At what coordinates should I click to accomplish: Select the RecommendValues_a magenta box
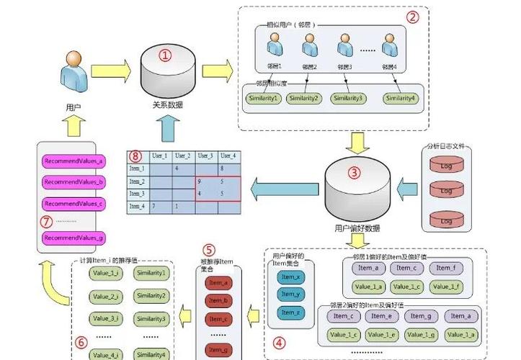coord(74,161)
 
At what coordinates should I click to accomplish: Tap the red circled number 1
coord(166,55)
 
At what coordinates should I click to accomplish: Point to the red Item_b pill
coord(218,301)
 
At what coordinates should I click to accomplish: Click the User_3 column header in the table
coord(205,156)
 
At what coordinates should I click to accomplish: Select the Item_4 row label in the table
coord(137,207)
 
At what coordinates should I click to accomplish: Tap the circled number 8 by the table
coord(135,156)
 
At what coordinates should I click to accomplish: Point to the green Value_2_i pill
coord(106,296)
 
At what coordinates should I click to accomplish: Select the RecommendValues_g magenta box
coord(74,238)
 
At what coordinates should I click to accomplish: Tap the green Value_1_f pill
coord(445,287)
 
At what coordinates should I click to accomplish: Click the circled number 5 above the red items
coord(209,250)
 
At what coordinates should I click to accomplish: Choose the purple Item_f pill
coord(445,268)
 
